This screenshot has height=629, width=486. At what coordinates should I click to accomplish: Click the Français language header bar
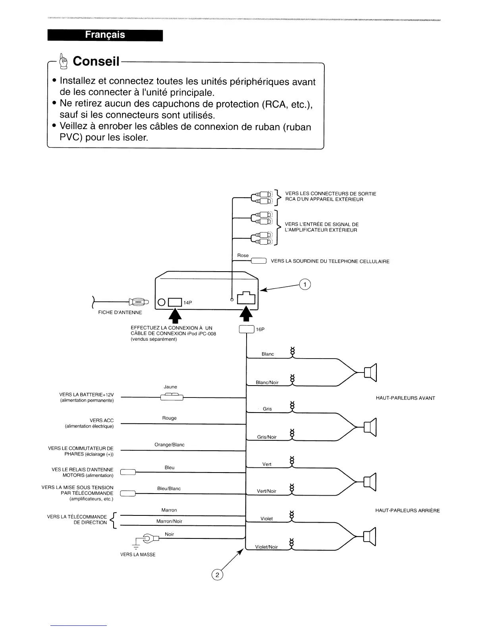tap(105, 35)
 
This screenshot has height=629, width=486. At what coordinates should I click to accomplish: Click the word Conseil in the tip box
tap(96, 61)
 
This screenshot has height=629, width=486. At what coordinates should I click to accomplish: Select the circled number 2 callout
tap(217, 575)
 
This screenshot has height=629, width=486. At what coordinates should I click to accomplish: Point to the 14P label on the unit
tap(188, 303)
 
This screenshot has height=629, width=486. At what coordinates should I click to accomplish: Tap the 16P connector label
tap(260, 330)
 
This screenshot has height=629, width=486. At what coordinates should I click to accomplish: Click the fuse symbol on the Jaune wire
tap(172, 397)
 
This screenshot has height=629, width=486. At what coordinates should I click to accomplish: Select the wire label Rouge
tap(169, 418)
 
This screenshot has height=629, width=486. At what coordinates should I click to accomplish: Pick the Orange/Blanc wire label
tap(169, 445)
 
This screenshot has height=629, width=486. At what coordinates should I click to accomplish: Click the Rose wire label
tap(243, 255)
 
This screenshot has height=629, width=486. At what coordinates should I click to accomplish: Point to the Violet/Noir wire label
tap(266, 547)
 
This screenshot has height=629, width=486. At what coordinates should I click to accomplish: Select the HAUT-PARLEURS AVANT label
tap(405, 398)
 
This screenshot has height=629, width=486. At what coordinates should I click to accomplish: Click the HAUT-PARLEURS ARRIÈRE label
tap(407, 511)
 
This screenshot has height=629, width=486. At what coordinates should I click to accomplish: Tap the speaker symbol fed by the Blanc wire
tap(370, 372)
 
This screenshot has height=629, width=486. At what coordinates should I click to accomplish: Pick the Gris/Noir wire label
tap(266, 437)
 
